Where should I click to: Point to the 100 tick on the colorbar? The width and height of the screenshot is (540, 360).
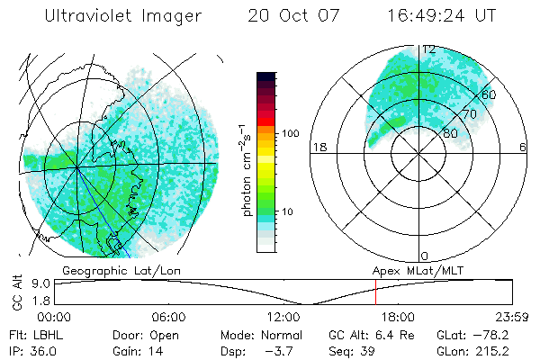(290, 133)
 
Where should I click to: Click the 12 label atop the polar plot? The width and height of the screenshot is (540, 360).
(429, 49)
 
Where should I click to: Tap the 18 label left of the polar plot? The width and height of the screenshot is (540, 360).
(318, 147)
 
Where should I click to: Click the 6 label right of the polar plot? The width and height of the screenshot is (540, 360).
(523, 147)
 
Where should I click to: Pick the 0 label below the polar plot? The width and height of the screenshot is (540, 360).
(425, 256)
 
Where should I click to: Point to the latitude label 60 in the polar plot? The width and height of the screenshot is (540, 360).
(489, 94)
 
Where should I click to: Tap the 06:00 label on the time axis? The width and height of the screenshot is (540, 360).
(168, 317)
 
